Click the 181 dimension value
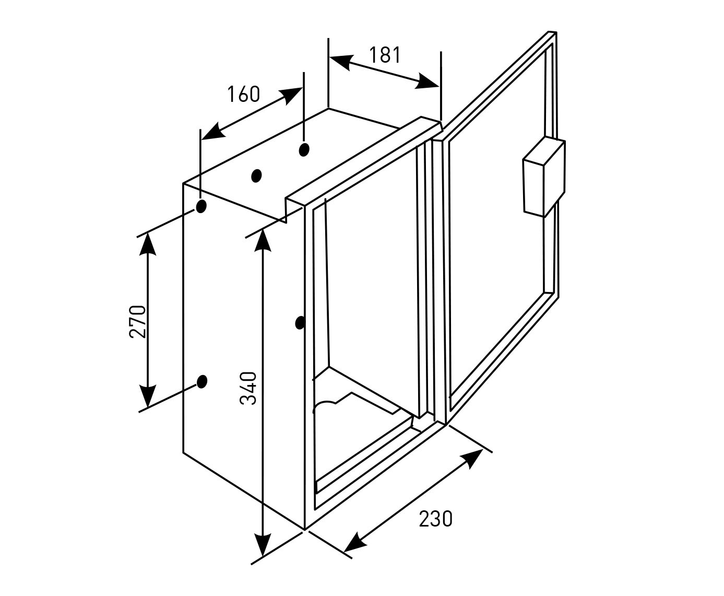[385, 54]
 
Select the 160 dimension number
[243, 94]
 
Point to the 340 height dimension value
[248, 388]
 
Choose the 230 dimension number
[435, 519]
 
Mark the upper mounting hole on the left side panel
[201, 206]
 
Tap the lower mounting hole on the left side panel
[202, 382]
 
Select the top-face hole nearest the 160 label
[304, 149]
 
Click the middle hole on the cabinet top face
[256, 176]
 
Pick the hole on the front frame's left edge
[300, 323]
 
